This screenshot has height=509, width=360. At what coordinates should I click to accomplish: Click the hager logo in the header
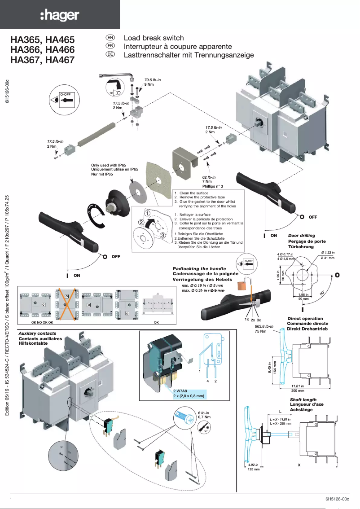pos(60,16)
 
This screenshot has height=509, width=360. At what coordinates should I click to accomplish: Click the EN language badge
pos(110,38)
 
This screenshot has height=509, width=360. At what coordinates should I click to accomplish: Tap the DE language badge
pos(110,54)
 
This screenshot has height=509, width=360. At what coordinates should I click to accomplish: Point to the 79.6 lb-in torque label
pos(153,80)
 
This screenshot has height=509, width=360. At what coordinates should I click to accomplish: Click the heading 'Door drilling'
pos(301,235)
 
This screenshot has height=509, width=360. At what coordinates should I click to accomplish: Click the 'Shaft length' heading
pos(303,399)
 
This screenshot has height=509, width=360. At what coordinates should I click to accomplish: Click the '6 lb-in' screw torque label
pos(204,412)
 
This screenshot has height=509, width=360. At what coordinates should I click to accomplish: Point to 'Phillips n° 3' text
pos(213,186)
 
